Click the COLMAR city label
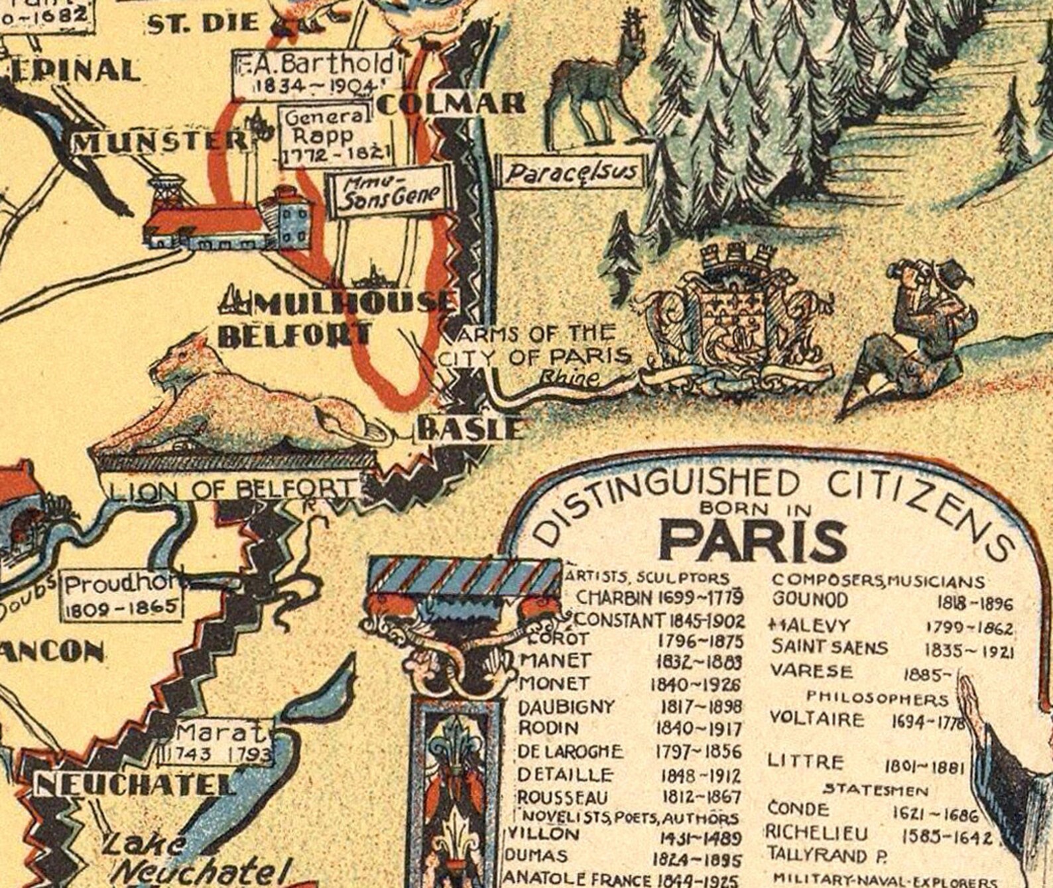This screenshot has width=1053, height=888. [x=452, y=103]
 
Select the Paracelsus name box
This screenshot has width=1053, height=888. [x=572, y=173]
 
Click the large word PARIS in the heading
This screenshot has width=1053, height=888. [x=753, y=540]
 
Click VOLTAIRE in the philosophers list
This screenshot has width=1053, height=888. [x=817, y=719]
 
